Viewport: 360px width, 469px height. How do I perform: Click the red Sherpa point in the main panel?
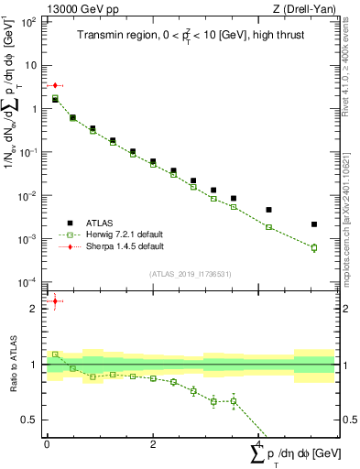tap(55, 85)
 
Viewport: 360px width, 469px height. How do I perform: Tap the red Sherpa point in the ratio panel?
tap(55, 300)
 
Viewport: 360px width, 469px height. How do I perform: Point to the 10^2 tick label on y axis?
tap(28, 22)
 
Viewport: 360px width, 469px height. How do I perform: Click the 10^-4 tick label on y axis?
tap(28, 281)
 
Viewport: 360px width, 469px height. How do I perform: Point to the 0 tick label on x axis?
tap(47, 442)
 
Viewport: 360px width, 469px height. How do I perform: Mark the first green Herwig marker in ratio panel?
tap(55, 354)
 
